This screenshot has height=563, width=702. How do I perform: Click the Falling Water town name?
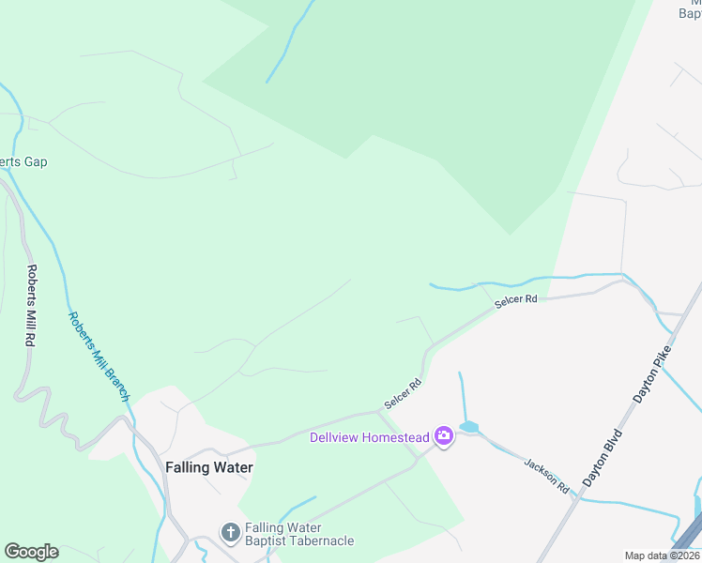[209, 466]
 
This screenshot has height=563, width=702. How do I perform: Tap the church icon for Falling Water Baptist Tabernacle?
[230, 533]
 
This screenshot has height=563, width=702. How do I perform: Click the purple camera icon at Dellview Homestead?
[444, 436]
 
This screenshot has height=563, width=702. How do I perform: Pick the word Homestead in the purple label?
[395, 437]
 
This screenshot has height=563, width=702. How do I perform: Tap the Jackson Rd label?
[547, 477]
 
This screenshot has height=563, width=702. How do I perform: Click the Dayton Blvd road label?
[603, 457]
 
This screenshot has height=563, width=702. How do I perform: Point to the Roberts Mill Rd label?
[31, 307]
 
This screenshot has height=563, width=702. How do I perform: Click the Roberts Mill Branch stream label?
[98, 357]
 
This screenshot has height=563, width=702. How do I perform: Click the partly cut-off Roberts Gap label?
[23, 161]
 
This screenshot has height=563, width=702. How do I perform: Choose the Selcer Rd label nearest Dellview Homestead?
[404, 394]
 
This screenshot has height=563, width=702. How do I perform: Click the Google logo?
[31, 552]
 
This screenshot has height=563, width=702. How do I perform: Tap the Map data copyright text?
[663, 555]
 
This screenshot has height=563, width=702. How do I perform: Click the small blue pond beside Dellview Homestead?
[469, 427]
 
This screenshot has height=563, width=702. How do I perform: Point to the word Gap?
[36, 161]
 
